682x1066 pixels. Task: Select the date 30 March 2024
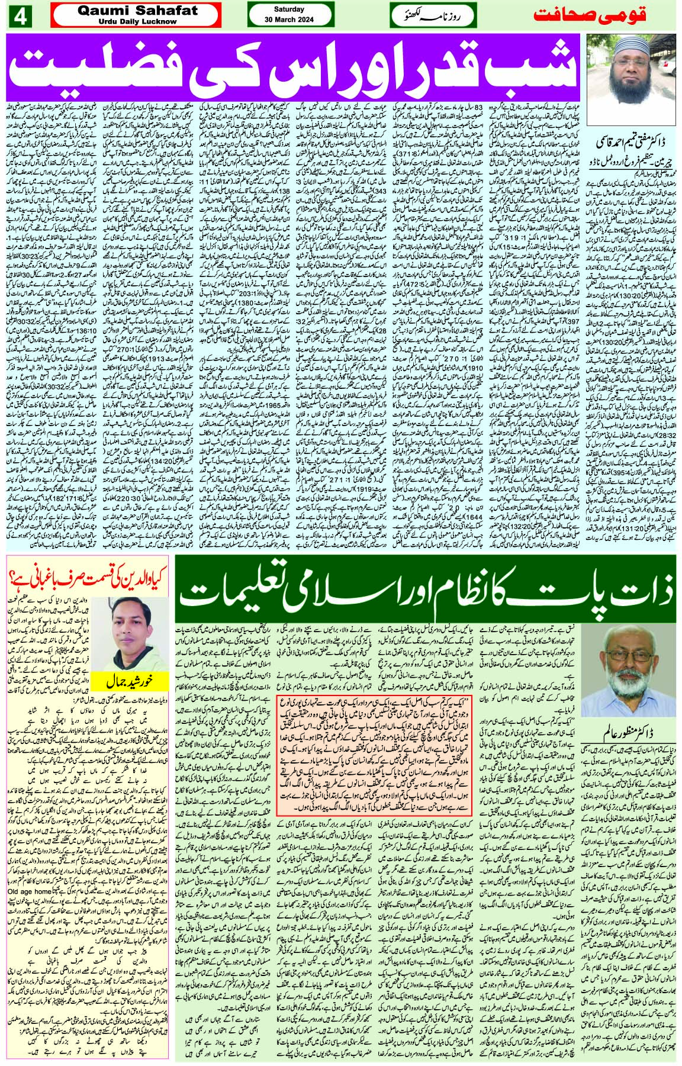tap(289, 20)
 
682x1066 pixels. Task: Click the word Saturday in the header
tap(289, 9)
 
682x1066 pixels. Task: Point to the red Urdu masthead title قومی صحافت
tap(603, 15)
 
